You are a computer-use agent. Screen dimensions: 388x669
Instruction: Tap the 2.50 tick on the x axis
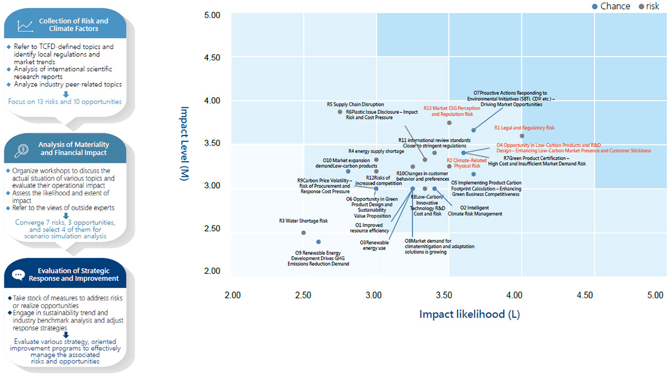[x=302, y=294]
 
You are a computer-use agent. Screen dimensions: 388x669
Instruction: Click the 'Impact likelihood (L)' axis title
[x=469, y=314]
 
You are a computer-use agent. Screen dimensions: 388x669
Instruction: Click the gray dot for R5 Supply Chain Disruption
[x=340, y=112]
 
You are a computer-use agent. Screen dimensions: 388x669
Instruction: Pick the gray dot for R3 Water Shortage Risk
[x=303, y=233]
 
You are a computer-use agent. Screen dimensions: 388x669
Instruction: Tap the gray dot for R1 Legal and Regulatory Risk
[x=522, y=136]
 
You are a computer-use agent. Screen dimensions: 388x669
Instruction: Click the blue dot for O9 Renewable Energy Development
[x=318, y=242]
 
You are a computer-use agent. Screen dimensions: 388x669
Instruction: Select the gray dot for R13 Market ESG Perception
[x=449, y=123]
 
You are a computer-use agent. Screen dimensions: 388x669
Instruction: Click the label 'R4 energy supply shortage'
[x=376, y=151]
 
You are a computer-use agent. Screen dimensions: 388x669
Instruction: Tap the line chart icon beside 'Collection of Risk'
[x=26, y=25]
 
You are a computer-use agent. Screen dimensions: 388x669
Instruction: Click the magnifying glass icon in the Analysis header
[x=24, y=149]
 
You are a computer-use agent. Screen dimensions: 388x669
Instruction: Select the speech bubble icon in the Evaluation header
[x=18, y=274]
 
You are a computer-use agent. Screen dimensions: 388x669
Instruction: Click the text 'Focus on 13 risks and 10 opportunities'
[x=65, y=102]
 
